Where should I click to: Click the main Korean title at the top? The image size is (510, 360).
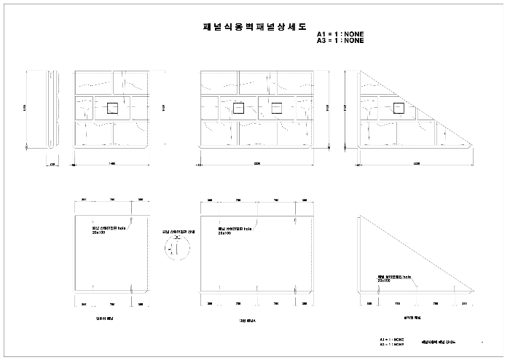255,25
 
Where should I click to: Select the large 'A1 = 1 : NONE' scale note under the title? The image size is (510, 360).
340,34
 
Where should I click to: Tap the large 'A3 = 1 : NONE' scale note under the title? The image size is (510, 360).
340,41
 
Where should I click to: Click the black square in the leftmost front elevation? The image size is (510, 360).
112,109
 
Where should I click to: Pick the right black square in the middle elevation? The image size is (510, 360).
276,109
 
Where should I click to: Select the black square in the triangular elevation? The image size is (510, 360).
398,109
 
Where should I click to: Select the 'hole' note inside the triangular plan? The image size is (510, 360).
394,278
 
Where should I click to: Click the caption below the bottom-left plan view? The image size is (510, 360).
105,318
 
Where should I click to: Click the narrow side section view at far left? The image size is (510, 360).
52,109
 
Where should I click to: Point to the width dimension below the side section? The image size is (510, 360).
52,164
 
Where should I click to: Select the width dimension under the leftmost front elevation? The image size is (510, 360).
112,164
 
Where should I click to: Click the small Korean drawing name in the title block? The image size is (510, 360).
436,342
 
